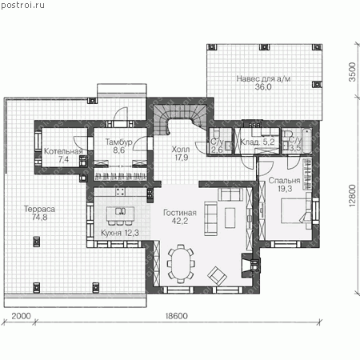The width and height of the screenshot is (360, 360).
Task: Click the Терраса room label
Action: pyautogui.click(x=39, y=209)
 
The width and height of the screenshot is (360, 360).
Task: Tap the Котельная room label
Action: pyautogui.click(x=63, y=151)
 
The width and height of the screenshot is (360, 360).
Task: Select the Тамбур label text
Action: pyautogui.click(x=118, y=142)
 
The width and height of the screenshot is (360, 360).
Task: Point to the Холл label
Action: pyautogui.click(x=181, y=149)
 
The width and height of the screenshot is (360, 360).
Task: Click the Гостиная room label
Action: pyautogui.click(x=180, y=213)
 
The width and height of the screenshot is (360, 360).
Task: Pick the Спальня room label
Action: pyautogui.click(x=284, y=181)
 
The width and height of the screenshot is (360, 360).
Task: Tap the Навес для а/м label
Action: pyautogui.click(x=263, y=78)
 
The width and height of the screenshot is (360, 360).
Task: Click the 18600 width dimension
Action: pyautogui.click(x=177, y=316)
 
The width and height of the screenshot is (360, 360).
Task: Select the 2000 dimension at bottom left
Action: pyautogui.click(x=21, y=316)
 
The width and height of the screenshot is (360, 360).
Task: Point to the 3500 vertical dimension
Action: pyautogui.click(x=352, y=72)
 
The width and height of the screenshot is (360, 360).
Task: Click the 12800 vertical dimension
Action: pyautogui.click(x=352, y=195)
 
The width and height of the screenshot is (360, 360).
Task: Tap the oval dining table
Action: pyautogui.click(x=182, y=263)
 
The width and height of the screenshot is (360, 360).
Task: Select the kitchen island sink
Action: pyautogui.click(x=120, y=211)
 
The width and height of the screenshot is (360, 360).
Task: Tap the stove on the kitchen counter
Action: pyautogui.click(x=120, y=191)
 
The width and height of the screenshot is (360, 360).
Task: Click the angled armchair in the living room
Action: pyautogui.click(x=218, y=275)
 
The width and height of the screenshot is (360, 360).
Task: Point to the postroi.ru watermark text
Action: pyautogui.click(x=22, y=5)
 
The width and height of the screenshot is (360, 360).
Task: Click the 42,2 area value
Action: pyautogui.click(x=180, y=221)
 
